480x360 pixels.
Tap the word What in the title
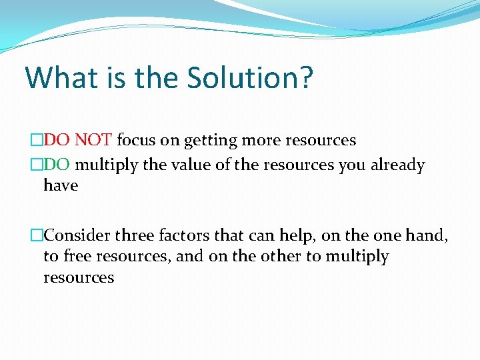point(60,77)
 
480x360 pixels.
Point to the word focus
point(136,141)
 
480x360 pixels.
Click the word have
point(61,186)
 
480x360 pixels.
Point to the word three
point(135,235)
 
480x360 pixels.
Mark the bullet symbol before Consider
point(37,235)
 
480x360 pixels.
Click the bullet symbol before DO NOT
point(37,141)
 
